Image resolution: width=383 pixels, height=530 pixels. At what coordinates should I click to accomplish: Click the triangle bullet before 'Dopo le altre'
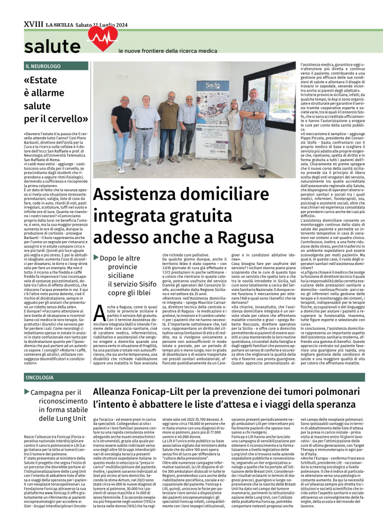pos(96,257)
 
